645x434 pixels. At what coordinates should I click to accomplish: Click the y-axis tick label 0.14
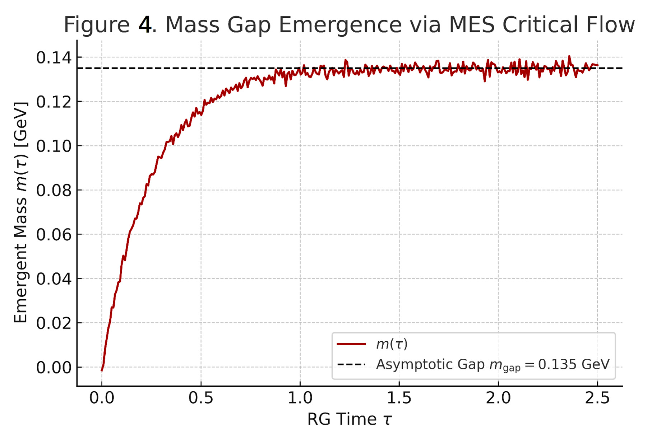pos(54,58)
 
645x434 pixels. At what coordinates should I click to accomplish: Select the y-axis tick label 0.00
pos(54,368)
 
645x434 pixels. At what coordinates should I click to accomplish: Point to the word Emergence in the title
pos(340,25)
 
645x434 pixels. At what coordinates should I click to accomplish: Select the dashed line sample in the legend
pos(351,364)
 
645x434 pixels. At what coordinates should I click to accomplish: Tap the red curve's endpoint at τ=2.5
pos(598,65)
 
